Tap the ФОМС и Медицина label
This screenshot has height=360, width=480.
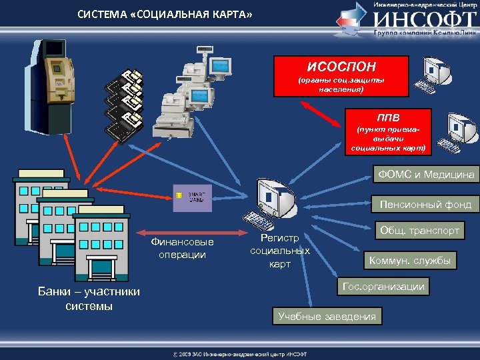coord(426,175)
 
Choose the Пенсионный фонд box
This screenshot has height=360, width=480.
coord(425,205)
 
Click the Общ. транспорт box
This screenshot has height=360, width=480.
coord(419,231)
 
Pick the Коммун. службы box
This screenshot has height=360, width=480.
coord(410,260)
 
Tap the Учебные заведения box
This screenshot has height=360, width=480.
coord(327,316)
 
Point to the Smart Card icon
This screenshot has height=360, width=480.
coord(192,197)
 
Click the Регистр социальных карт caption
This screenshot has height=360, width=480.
coord(279,251)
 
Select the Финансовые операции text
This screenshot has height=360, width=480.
coord(182,248)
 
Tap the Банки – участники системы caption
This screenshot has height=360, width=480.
coord(89,299)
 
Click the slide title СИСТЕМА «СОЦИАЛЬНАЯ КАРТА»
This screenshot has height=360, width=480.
coord(165,15)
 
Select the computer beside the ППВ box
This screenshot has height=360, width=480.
coord(459,132)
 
